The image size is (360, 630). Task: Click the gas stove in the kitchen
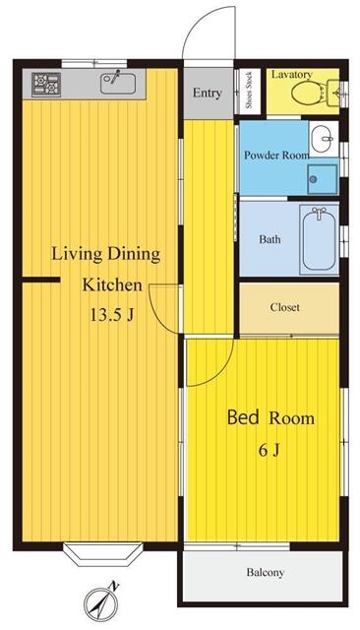click(46, 85)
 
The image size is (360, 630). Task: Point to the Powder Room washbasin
click(322, 137)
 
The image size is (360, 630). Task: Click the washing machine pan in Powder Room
click(322, 177)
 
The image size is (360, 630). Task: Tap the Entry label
click(208, 94)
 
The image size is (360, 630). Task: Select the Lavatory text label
click(292, 75)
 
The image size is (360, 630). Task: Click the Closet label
click(285, 307)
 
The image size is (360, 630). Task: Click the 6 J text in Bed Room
click(270, 450)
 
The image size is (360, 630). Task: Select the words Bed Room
click(270, 418)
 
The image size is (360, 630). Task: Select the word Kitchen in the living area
click(111, 286)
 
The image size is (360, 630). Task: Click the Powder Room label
click(275, 156)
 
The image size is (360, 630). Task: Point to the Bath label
click(270, 239)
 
